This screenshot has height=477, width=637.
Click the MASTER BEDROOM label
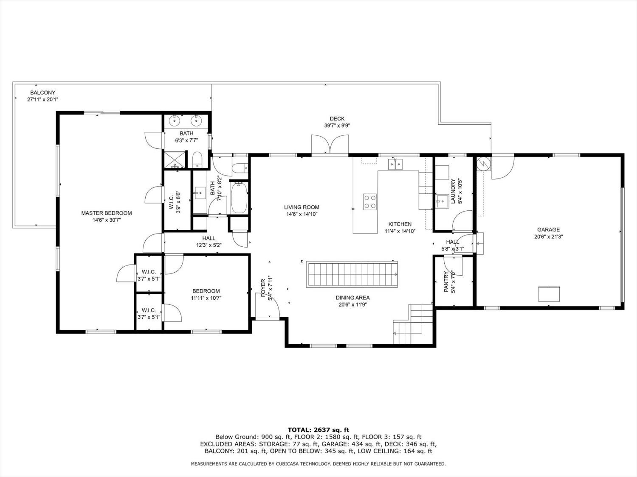tap(107, 213)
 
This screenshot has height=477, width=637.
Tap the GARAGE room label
tap(548, 230)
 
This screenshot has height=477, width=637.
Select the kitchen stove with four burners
tap(370, 202)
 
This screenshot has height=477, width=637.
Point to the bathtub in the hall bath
tap(239, 198)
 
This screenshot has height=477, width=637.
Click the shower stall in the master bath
tap(175, 159)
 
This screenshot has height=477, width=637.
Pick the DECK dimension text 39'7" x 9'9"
tap(337, 126)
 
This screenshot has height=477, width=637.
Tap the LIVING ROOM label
tap(302, 207)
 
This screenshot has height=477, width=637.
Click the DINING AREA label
tap(352, 298)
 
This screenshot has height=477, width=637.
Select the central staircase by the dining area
tap(352, 274)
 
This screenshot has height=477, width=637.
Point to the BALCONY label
tap(42, 93)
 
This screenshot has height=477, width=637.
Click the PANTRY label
tap(446, 282)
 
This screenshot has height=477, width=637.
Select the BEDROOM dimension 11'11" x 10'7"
tap(206, 298)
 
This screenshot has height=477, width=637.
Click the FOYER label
tap(263, 288)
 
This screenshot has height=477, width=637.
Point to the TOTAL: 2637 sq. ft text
tap(318, 430)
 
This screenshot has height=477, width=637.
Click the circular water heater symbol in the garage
tap(483, 163)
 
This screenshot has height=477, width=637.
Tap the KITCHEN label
tap(400, 224)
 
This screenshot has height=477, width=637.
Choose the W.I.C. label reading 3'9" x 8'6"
tap(175, 202)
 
